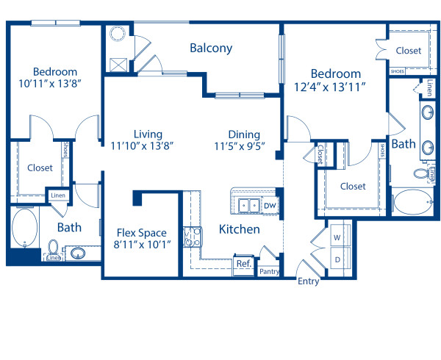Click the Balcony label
(x=211, y=48)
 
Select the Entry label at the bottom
(x=309, y=281)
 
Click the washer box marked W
(x=337, y=238)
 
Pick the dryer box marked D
(x=337, y=259)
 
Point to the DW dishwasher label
(x=270, y=206)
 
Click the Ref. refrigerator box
(x=243, y=263)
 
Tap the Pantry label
(x=268, y=270)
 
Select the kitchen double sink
(x=247, y=206)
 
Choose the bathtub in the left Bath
(x=24, y=229)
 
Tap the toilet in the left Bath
(x=54, y=248)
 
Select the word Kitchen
(x=240, y=229)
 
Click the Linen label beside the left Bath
(x=57, y=195)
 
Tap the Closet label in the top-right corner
(x=409, y=51)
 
